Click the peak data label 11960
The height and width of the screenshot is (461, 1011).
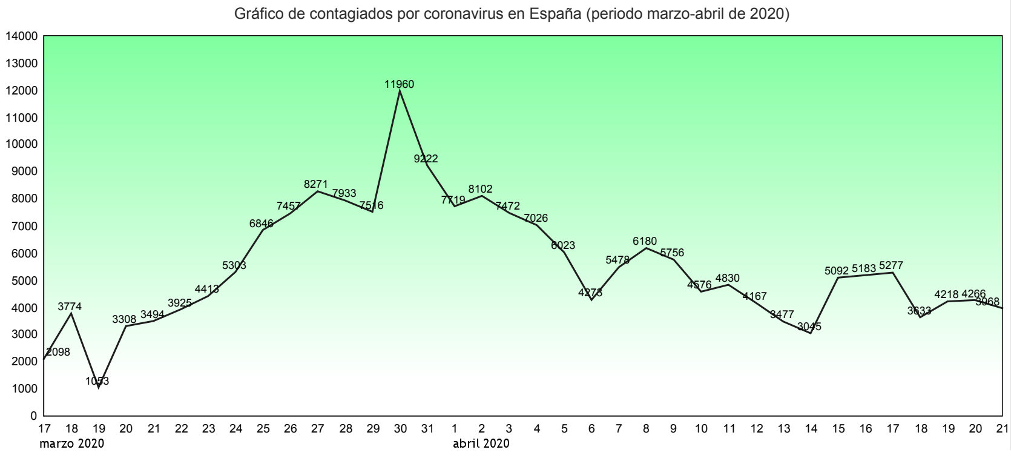click(x=399, y=84)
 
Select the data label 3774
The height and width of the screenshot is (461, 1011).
click(x=70, y=307)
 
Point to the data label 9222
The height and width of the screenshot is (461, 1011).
click(x=426, y=159)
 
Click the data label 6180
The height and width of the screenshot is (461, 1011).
click(x=645, y=241)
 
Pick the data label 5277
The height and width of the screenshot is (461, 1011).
click(x=891, y=265)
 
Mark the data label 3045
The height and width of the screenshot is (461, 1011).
click(x=809, y=327)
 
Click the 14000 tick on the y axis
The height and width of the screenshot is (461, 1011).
click(x=21, y=36)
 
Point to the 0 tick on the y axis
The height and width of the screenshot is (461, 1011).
click(x=33, y=416)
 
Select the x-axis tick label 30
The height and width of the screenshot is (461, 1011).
click(x=400, y=429)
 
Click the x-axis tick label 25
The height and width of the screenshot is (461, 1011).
click(x=263, y=429)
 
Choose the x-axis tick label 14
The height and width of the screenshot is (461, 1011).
click(x=811, y=429)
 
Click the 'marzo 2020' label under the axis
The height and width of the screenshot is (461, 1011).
click(x=71, y=443)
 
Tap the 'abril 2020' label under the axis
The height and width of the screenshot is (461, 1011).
click(x=481, y=443)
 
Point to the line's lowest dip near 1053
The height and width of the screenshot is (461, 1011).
click(x=99, y=386)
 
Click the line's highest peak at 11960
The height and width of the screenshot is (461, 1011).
click(x=400, y=91)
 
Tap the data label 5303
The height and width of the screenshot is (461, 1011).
click(x=234, y=265)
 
